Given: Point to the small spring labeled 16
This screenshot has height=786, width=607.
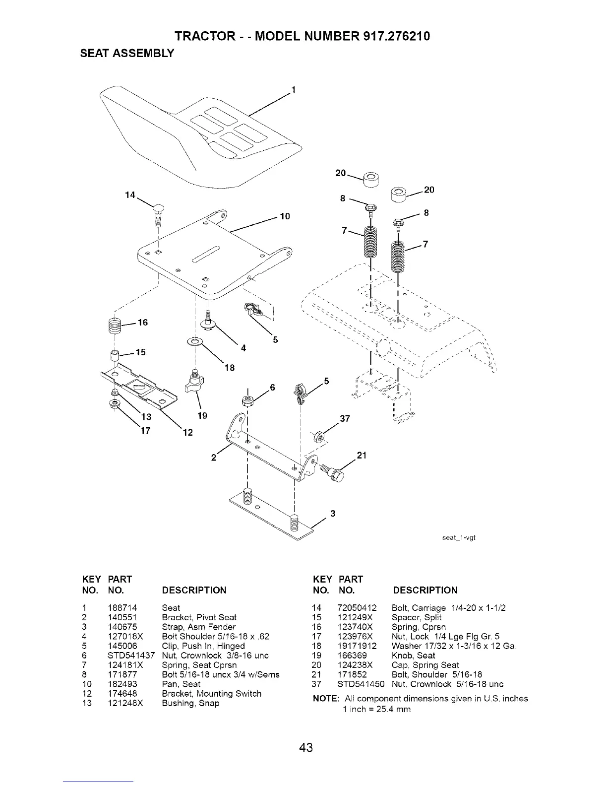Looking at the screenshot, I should tap(116, 326).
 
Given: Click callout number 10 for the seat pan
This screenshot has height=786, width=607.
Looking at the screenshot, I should tap(285, 216).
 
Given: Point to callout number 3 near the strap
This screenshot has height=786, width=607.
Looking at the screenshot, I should tap(333, 514).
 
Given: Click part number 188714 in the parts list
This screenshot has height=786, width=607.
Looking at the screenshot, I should tap(122, 608).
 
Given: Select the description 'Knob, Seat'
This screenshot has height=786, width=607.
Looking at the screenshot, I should tap(413, 655).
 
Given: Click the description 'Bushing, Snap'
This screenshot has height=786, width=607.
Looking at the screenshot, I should tap(190, 703).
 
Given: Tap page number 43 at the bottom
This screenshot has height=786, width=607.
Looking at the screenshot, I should tap(306, 747).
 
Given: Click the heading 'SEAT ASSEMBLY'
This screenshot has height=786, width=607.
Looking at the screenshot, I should tap(127, 54).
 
